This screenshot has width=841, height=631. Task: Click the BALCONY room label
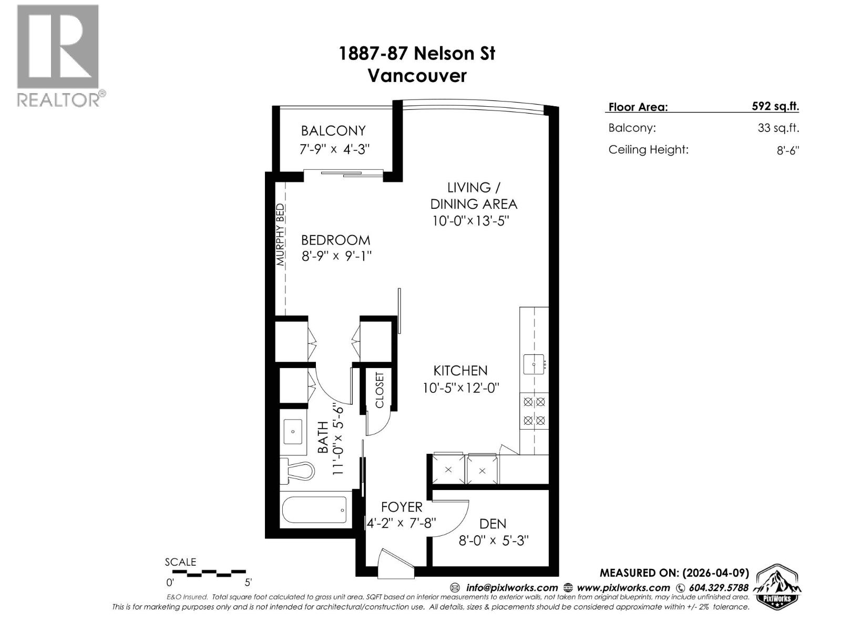tap(333, 130)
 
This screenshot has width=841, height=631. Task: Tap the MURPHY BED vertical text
tap(281, 234)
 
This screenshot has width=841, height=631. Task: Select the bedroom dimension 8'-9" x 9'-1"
tap(336, 257)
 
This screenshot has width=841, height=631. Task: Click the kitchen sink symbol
tap(534, 364)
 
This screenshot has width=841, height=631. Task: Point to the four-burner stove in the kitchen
tap(534, 411)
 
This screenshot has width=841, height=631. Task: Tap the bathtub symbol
tap(314, 510)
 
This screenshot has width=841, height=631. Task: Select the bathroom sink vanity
tap(293, 432)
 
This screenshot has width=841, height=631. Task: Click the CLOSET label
tap(380, 390)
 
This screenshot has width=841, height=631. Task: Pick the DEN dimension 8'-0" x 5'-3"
tap(493, 541)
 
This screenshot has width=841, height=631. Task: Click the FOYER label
tap(402, 507)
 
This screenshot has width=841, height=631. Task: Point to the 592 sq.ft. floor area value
tap(775, 106)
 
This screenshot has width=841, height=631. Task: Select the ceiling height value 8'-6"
tap(787, 150)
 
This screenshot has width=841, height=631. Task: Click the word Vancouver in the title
tap(417, 76)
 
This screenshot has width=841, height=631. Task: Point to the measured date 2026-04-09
tap(715, 573)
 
